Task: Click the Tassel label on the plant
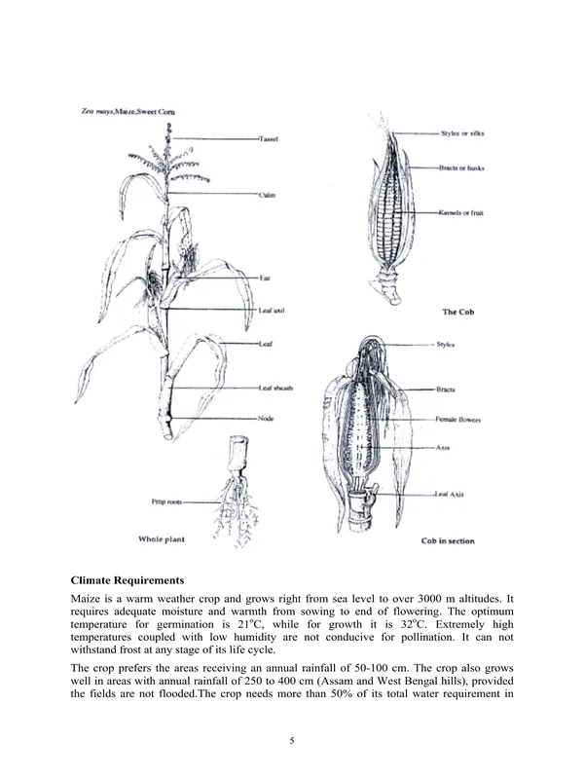point(269,140)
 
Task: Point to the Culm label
point(267,195)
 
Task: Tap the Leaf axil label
point(272,309)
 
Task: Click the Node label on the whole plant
point(265,418)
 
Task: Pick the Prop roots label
point(167,502)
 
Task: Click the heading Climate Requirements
point(135,580)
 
